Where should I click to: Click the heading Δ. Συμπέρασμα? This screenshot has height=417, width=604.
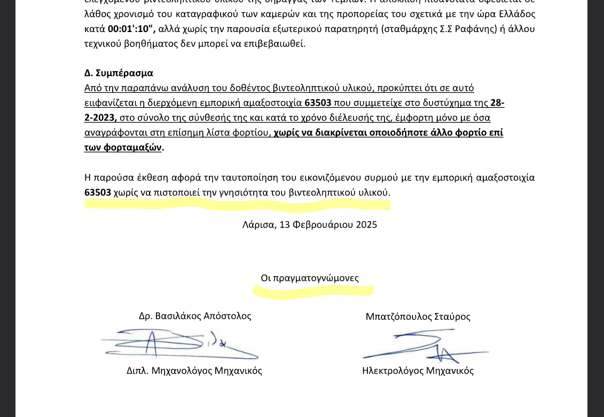coord(119,73)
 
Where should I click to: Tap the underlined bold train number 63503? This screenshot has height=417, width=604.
coord(318,103)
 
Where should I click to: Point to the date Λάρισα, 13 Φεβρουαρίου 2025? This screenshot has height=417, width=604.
coord(310,225)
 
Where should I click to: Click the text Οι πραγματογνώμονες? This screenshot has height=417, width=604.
coord(310,278)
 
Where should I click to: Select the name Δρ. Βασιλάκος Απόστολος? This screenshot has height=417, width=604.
coord(195,316)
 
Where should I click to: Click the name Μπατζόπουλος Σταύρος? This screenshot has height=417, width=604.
coord(418,317)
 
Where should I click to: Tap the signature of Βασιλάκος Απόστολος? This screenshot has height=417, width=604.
coord(176,344)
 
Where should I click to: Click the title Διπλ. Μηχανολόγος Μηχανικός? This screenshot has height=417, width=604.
coord(194,371)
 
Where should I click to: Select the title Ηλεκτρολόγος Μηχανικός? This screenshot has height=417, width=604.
coord(418,371)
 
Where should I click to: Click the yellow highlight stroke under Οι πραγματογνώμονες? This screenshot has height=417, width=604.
coord(313,291)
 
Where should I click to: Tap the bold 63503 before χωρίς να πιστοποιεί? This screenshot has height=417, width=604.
coord(98,192)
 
